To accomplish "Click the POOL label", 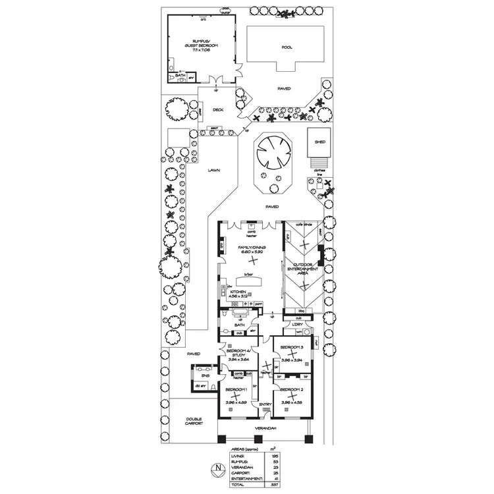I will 286,47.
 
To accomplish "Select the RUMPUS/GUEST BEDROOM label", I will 200,44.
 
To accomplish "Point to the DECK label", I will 219,110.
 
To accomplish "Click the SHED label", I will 320,142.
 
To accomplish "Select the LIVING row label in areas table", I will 237,454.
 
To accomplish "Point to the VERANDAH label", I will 266,428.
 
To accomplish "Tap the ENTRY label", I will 265,404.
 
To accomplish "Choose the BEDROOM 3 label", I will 291,346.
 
